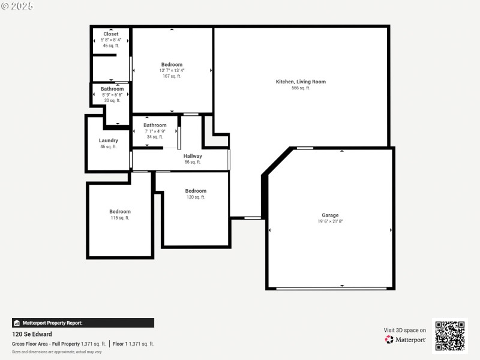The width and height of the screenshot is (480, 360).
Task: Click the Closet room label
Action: point(111,34)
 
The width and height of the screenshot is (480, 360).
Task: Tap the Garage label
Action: point(330,215)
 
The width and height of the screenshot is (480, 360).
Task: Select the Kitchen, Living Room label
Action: point(301,82)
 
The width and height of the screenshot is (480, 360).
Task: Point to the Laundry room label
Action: point(109,140)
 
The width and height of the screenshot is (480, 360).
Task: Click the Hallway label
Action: point(193,156)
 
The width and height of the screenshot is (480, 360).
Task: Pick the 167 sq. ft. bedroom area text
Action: point(172,76)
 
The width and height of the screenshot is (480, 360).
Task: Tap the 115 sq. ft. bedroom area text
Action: point(120,218)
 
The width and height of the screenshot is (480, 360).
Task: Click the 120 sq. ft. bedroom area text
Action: point(196,197)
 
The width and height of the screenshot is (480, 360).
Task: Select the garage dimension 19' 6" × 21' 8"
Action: point(330,221)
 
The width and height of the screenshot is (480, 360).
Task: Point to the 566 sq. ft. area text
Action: point(301,88)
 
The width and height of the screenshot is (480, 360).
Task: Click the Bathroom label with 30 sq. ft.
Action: point(112,89)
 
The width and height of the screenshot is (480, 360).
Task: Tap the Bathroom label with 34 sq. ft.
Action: point(155,125)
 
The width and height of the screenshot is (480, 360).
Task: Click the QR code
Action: point(449,335)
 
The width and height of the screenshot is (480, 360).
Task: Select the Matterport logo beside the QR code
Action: point(406,340)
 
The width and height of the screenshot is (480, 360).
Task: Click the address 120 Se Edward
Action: point(32,334)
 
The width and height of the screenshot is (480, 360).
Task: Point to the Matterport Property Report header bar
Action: point(83,323)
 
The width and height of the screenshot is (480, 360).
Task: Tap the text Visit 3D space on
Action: point(405,330)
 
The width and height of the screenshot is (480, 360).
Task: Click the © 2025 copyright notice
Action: point(17,6)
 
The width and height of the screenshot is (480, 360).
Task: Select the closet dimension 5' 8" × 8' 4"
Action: point(111,40)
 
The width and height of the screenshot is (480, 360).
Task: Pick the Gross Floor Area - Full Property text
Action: point(46,344)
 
